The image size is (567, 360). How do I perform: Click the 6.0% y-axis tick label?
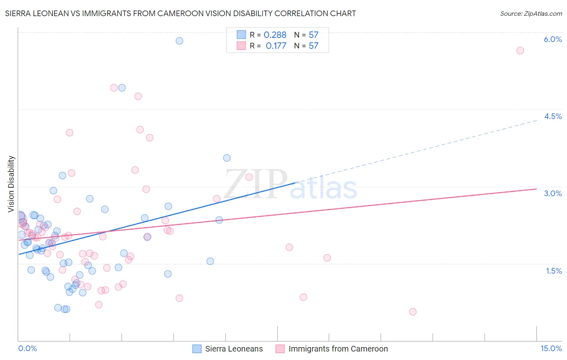(552, 40)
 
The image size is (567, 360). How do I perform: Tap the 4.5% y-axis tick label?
(552, 117)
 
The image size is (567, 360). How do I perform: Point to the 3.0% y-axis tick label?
(552, 194)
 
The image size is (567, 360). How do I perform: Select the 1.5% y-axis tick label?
(554, 271)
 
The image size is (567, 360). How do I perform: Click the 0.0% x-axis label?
(27, 349)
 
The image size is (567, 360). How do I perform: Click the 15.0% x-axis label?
(551, 349)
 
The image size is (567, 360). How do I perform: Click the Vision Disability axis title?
(11, 184)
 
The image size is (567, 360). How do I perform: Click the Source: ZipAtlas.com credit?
(531, 14)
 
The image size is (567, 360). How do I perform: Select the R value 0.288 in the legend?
(275, 35)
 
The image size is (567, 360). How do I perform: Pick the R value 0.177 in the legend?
(276, 46)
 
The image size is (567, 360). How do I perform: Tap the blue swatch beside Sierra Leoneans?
(197, 349)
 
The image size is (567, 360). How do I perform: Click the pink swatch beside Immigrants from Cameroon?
(280, 349)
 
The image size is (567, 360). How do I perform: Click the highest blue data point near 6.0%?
(179, 41)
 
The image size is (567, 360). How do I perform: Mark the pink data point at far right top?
(520, 50)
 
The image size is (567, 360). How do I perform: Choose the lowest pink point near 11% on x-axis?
(413, 312)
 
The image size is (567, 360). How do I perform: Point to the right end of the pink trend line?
(537, 189)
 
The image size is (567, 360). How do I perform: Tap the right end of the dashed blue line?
(537, 120)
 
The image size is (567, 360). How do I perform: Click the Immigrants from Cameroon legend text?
(338, 349)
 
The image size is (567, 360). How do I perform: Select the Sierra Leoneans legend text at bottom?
(234, 349)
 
